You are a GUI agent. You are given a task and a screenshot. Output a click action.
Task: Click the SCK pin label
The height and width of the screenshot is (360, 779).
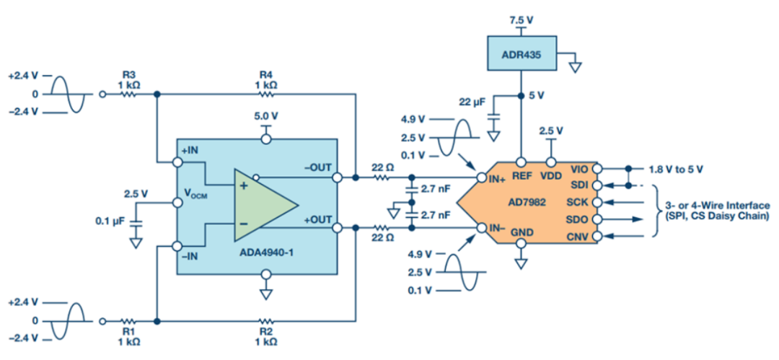pyautogui.click(x=576, y=202)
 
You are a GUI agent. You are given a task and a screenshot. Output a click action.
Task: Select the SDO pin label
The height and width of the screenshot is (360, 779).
pyautogui.click(x=576, y=219)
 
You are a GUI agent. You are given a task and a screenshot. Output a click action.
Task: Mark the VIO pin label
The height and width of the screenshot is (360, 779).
pyautogui.click(x=578, y=169)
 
